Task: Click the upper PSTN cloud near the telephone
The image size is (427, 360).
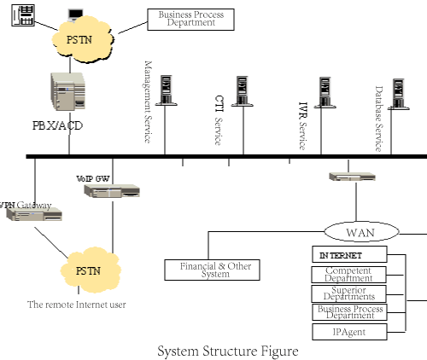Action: coord(83,39)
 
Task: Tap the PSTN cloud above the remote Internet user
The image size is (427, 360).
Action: coord(91,270)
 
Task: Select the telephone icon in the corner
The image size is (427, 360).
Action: coord(23,15)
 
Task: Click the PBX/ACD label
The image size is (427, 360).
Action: coord(57,125)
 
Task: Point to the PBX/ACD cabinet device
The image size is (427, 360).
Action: coord(68,91)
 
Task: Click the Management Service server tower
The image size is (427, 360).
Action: coord(166,90)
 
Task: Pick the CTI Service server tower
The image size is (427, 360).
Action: coord(242,91)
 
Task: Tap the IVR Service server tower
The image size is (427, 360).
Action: coord(325,92)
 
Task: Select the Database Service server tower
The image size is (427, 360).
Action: coord(398,94)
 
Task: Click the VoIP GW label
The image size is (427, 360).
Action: coord(93,178)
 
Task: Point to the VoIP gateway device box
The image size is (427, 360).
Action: coord(112,190)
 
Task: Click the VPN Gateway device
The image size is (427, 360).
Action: coord(34,214)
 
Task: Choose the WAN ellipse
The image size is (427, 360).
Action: coord(361,232)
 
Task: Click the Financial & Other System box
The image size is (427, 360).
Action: coord(212,270)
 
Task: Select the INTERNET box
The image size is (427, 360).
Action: coord(349,254)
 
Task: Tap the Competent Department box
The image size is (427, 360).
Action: coord(349,275)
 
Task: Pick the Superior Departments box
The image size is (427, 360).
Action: coord(349,293)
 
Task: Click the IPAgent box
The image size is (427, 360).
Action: coord(349,332)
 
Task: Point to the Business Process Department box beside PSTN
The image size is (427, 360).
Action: coord(190,20)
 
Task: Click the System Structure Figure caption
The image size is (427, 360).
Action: coord(228,351)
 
